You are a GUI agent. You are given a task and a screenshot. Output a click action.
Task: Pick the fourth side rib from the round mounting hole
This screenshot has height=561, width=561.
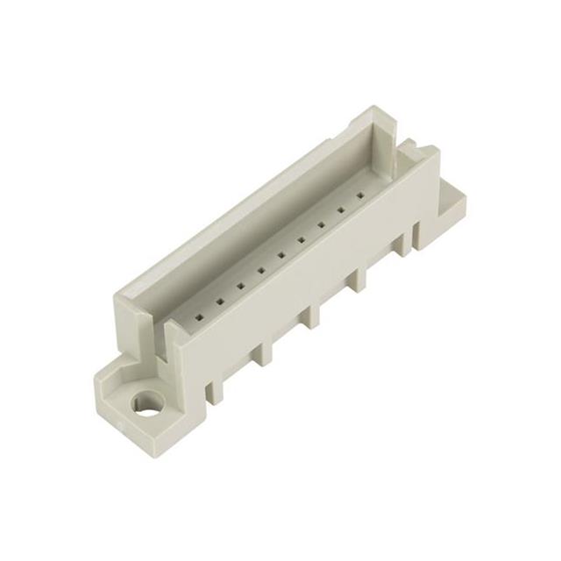(x=359, y=282)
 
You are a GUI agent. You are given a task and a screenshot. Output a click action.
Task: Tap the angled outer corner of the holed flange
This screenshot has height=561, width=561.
(x=102, y=386)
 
